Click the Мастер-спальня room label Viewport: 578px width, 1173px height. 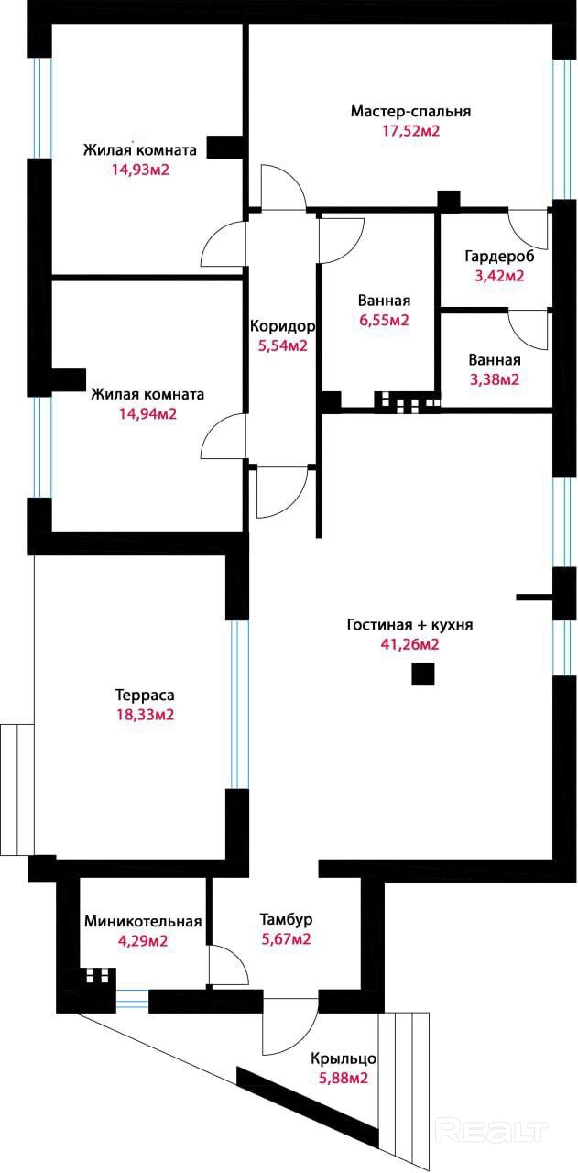410,111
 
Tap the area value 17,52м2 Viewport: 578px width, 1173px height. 411,130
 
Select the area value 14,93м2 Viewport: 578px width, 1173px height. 140,170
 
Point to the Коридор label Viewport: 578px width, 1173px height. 282,327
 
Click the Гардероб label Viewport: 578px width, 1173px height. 499,257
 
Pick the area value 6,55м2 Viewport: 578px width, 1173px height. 384,320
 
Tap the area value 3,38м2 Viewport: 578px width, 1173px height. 495,378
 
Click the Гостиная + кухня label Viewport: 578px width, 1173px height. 410,625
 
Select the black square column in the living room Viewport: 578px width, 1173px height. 423,674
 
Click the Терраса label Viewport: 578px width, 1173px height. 145,696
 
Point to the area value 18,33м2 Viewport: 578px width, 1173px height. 145,714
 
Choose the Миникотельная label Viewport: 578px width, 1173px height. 143,921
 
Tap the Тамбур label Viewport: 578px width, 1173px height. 286,919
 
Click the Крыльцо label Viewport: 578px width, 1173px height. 344,1058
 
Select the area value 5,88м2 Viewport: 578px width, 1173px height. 344,1078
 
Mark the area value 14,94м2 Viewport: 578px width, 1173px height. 147,413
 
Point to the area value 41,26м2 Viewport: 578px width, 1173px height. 410,644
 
